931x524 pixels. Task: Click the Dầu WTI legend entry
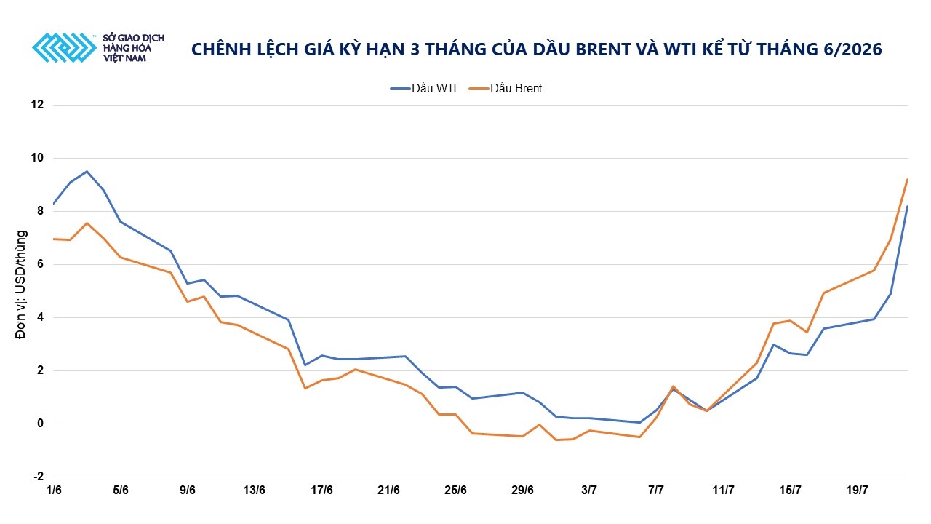point(423,89)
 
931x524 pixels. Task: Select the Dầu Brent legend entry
point(506,89)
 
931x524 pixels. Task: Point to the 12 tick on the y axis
point(37,104)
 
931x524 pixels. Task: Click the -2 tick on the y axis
point(39,477)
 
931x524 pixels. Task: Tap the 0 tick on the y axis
point(40,424)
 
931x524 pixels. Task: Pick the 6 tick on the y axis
point(40,264)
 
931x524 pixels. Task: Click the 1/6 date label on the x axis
point(54,491)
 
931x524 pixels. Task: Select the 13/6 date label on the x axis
point(254,491)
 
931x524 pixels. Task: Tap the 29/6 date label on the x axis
point(522,491)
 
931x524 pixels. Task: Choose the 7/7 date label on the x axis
point(656,491)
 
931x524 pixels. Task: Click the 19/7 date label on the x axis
point(857,491)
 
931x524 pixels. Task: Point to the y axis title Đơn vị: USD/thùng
point(21,285)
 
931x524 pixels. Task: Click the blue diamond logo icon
point(65,48)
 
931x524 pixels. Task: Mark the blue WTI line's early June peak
point(87,171)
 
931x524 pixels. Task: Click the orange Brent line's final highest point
point(907,180)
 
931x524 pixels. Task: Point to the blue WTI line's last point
point(907,206)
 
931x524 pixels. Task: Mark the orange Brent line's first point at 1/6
point(54,239)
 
